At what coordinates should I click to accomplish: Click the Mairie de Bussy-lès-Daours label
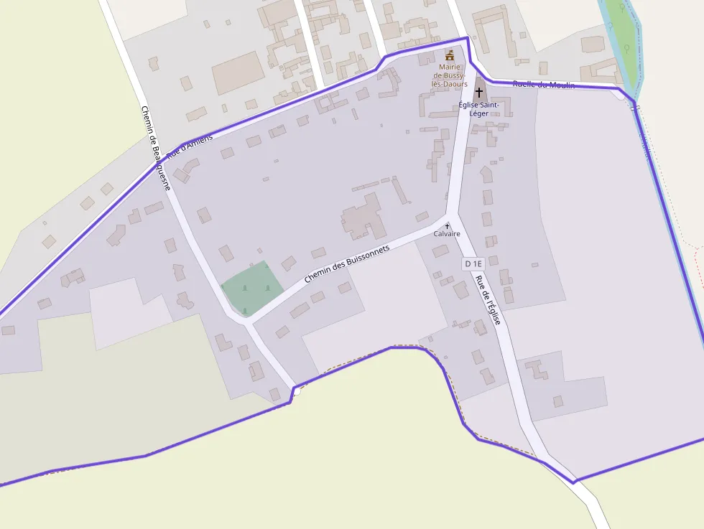[x=449, y=75]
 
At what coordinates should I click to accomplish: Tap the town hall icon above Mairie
[x=450, y=55]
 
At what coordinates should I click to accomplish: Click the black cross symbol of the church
[x=479, y=93]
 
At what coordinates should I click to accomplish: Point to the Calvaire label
[x=447, y=234]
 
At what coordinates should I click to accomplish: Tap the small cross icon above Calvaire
[x=447, y=226]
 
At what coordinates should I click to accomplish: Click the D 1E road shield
[x=473, y=264]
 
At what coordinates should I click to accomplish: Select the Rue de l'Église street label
[x=488, y=301]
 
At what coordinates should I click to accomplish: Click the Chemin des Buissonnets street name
[x=347, y=263]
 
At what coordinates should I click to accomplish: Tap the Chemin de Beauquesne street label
[x=155, y=148]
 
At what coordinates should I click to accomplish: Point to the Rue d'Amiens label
[x=190, y=147]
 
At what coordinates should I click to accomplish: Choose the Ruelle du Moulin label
[x=544, y=85]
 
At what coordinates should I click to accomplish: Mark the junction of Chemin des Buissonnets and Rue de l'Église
[x=450, y=215]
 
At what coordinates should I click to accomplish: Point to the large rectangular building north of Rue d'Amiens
[x=238, y=72]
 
